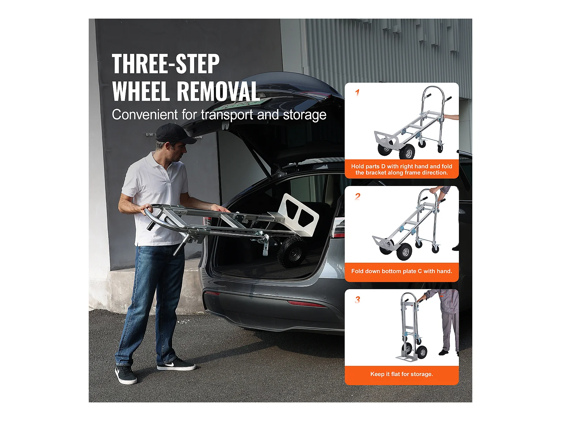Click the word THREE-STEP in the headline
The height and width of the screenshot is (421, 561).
point(165,64)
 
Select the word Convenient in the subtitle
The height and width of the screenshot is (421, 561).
point(145,114)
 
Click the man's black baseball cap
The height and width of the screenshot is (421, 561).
point(174,134)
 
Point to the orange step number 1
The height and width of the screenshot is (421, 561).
point(357,92)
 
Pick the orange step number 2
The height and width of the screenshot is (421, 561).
point(358,196)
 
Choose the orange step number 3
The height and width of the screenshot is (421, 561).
point(358,300)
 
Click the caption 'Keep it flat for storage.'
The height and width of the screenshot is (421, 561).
point(401,374)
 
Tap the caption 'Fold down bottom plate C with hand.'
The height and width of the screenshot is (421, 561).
point(401,271)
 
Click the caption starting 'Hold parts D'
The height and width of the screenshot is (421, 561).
point(401,169)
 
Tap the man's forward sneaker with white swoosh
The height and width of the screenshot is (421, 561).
point(176,364)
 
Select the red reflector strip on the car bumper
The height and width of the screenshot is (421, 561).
point(307,304)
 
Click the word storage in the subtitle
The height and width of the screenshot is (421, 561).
point(305,115)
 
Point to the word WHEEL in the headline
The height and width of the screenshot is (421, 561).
point(141,91)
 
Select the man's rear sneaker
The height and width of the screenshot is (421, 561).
point(126,374)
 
